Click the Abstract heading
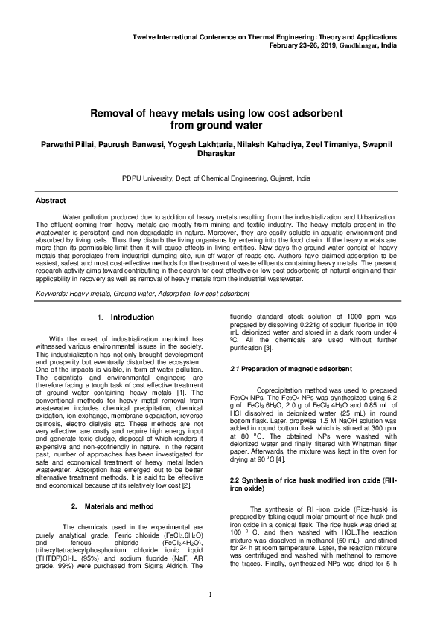51,201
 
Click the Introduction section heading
132,317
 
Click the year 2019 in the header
311,45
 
